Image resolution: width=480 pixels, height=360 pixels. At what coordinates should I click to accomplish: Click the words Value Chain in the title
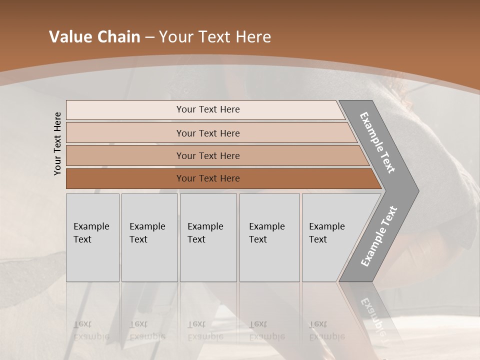tap(94, 37)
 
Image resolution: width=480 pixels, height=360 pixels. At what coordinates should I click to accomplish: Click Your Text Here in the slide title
tap(215, 37)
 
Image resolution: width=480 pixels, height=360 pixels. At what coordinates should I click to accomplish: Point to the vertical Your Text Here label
tap(57, 143)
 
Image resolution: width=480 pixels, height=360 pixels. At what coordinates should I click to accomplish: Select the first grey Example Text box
tap(92, 237)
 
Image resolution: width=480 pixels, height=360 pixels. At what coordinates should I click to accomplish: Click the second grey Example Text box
tap(149, 237)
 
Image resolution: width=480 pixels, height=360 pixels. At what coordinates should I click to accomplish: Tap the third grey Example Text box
tap(208, 237)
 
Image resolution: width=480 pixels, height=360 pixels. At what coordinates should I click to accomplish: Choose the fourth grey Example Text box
tap(269, 237)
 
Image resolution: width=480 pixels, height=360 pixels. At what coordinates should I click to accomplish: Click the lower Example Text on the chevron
tap(379, 236)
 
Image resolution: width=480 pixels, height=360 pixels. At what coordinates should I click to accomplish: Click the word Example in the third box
tap(205, 226)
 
